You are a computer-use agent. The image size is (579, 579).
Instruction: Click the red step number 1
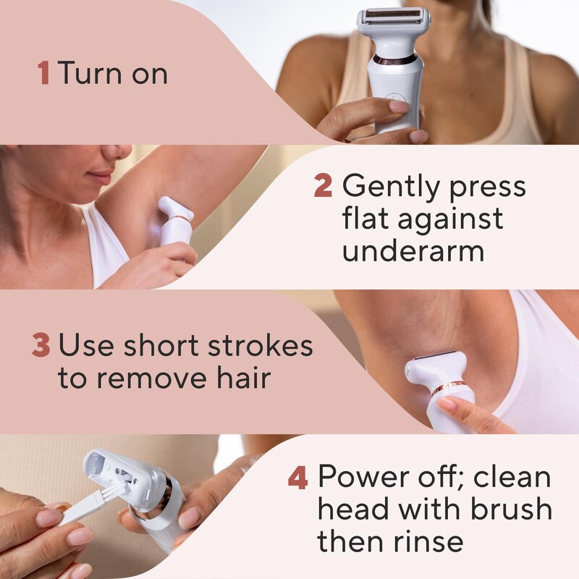pos(43,73)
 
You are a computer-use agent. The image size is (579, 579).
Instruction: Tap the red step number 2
pos(323,187)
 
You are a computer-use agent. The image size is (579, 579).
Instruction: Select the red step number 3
pos(40,346)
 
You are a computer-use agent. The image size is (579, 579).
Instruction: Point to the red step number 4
pos(297,478)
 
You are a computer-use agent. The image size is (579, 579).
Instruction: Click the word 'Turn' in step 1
pos(89,73)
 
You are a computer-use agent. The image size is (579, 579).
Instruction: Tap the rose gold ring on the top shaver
pos(394,59)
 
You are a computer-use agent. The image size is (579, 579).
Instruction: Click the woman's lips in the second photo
pos(100,177)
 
